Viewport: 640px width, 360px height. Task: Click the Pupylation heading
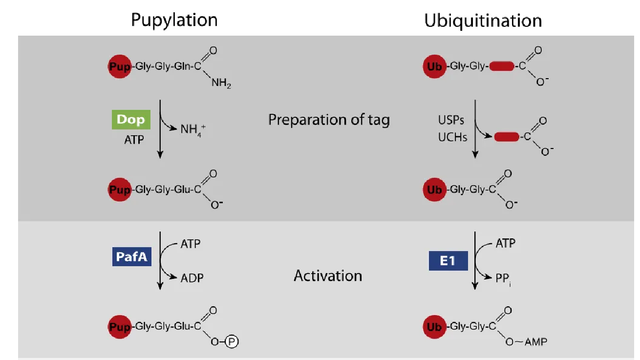(x=174, y=20)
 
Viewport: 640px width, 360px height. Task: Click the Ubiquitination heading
(x=483, y=21)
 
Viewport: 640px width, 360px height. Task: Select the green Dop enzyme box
(x=131, y=120)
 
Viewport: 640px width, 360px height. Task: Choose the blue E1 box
(x=448, y=261)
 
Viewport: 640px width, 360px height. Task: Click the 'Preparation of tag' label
(x=329, y=120)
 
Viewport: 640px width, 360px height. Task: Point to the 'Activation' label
(x=328, y=275)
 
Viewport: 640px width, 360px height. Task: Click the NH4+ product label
(x=191, y=130)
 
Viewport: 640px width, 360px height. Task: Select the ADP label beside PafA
(x=192, y=278)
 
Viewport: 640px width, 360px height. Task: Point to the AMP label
(x=534, y=342)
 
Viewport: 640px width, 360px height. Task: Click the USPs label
(x=451, y=120)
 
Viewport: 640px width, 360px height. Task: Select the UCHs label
(x=452, y=137)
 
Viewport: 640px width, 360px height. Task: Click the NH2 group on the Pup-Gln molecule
(x=221, y=84)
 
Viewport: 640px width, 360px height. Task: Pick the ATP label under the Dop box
(x=134, y=140)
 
